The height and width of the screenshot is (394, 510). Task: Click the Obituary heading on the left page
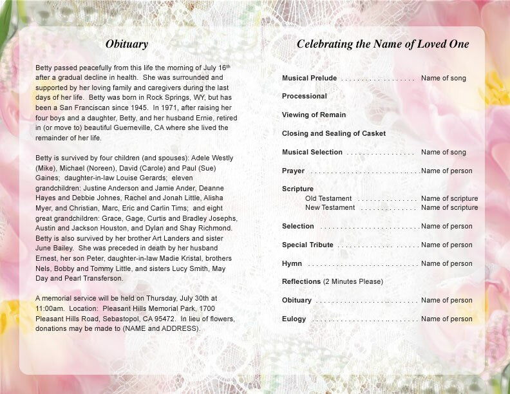(127, 44)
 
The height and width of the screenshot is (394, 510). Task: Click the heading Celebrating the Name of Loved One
(382, 44)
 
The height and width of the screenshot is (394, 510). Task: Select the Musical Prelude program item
(309, 78)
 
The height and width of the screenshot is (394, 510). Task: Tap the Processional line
(305, 96)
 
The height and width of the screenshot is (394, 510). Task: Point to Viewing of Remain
(314, 115)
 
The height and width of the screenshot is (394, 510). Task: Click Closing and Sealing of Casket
(334, 133)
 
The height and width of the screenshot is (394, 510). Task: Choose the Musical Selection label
(312, 152)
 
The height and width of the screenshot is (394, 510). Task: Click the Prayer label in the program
(293, 171)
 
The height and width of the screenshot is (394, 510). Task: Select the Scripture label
(297, 189)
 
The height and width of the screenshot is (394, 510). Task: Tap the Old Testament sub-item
(328, 198)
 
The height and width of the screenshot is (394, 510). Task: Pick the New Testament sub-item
(330, 207)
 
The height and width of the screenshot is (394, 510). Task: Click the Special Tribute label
(308, 245)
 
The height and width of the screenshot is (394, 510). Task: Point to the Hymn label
(292, 263)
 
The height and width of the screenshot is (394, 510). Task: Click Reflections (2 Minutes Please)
(332, 281)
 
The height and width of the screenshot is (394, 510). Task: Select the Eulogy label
(294, 319)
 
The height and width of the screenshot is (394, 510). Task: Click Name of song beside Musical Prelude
(443, 78)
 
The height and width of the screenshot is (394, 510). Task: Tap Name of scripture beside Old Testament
(449, 198)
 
